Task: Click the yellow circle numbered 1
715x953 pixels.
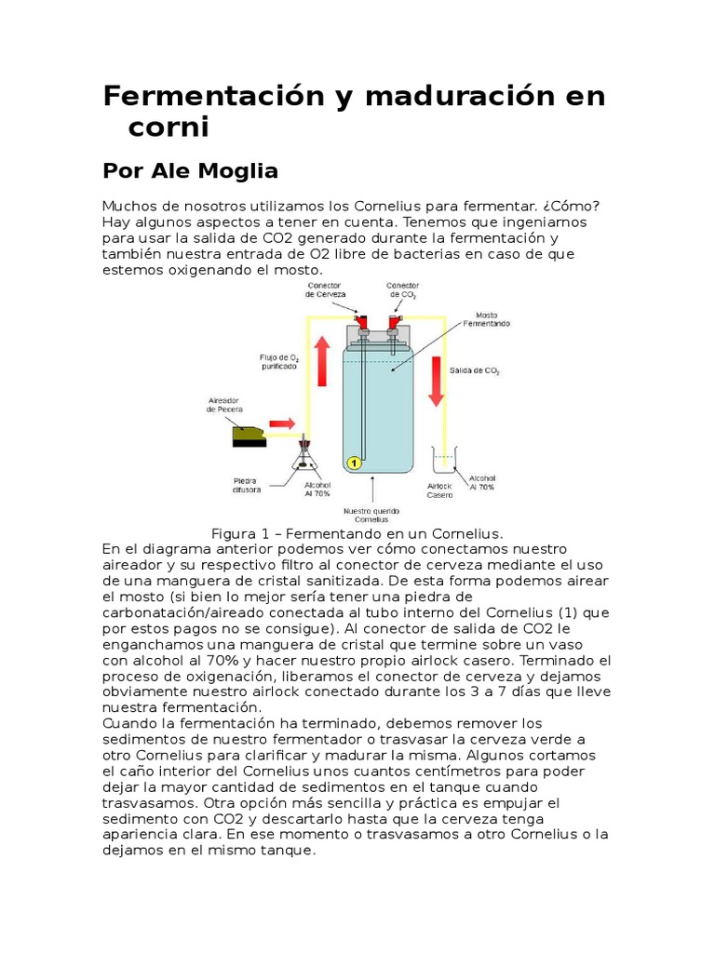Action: pyautogui.click(x=354, y=462)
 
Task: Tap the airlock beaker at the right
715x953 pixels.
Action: pyautogui.click(x=443, y=463)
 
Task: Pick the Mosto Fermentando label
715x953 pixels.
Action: pyautogui.click(x=492, y=319)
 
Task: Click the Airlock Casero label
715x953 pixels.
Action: pyautogui.click(x=439, y=490)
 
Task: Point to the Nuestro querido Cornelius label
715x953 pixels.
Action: pyautogui.click(x=371, y=514)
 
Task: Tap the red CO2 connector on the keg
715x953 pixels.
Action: pyautogui.click(x=396, y=321)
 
